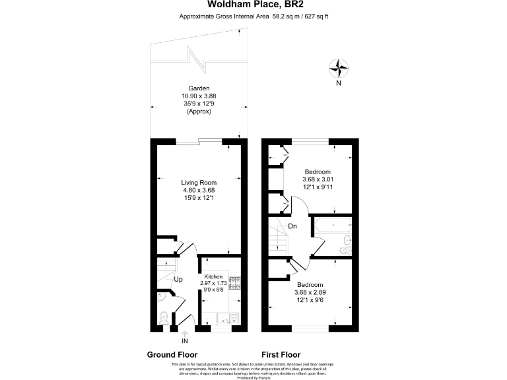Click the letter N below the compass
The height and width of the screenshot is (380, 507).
point(339,84)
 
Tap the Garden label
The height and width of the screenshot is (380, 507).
point(199,88)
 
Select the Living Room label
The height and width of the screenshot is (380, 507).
point(199,183)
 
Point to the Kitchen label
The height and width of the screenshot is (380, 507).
point(213,276)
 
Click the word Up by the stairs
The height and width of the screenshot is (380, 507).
point(178,279)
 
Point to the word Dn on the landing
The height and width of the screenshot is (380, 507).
point(292,226)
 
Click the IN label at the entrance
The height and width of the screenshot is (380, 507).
point(185,341)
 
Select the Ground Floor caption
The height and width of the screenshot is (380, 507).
point(172,354)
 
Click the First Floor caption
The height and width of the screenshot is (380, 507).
point(282,354)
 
